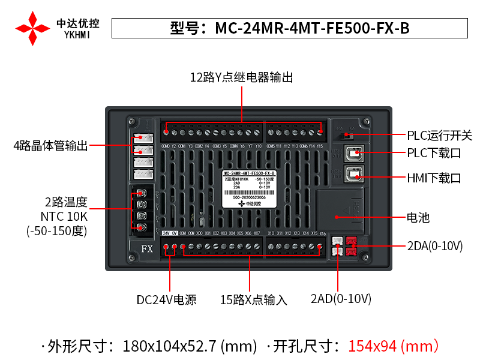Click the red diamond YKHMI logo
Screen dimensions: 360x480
[32, 28]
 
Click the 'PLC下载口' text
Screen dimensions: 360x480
[434, 153]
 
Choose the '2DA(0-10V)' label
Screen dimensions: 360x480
[434, 247]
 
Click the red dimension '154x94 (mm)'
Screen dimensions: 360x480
[394, 346]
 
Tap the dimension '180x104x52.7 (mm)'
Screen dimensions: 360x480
[190, 346]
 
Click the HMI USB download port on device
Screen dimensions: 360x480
[354, 175]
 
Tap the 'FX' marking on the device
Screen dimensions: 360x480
[146, 248]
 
